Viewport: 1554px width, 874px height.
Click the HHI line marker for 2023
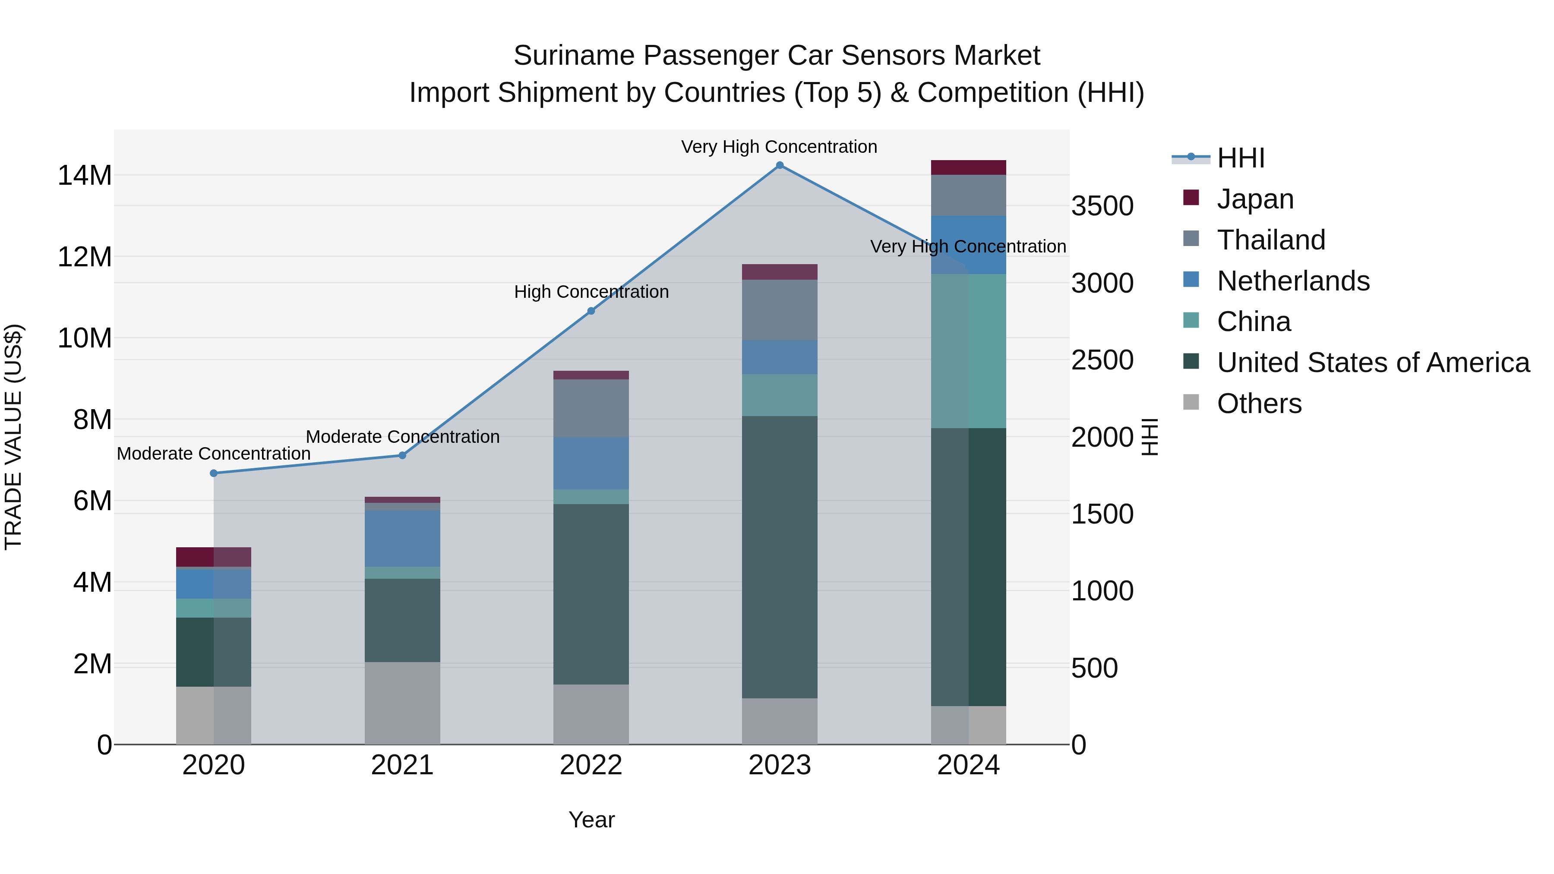[x=780, y=165]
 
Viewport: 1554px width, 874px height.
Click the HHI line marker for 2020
[x=214, y=473]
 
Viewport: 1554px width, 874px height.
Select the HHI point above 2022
[x=591, y=311]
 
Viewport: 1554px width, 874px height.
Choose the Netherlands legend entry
[x=1293, y=281]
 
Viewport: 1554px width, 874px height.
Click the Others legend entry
[x=1259, y=404]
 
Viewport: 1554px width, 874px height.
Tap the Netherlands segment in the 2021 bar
[x=402, y=538]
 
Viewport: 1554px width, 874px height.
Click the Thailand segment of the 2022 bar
[x=591, y=408]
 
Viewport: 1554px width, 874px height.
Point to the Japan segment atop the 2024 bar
[x=968, y=168]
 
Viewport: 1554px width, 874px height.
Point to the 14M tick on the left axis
[x=85, y=176]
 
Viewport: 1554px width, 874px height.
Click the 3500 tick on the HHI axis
[x=1102, y=206]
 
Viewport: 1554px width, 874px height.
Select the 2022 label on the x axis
[x=591, y=765]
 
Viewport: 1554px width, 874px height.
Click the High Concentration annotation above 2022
[x=591, y=292]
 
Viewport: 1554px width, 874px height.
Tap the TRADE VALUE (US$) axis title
[x=13, y=437]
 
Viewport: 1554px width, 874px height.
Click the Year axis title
[x=591, y=820]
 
